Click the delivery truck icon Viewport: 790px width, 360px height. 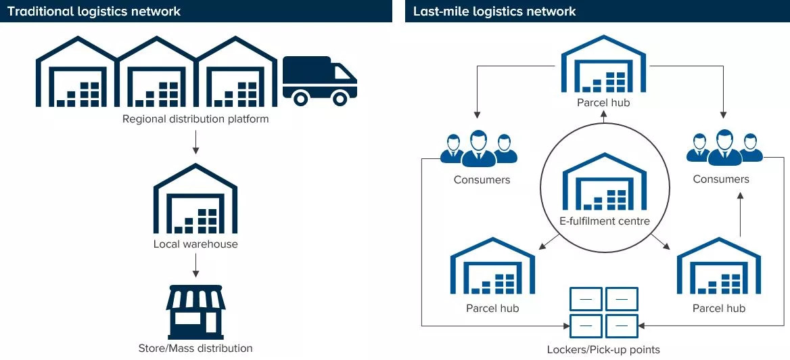319,81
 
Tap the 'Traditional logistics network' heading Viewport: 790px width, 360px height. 94,11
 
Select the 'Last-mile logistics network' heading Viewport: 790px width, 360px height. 494,11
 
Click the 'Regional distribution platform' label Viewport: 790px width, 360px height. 195,119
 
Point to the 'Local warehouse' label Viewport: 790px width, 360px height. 195,244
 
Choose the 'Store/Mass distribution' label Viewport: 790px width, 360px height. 195,348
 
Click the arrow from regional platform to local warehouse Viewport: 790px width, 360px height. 195,141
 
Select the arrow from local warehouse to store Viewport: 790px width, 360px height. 195,265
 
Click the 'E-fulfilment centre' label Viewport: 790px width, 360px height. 605,221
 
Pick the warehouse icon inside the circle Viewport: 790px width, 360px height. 605,183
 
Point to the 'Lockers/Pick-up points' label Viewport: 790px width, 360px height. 604,350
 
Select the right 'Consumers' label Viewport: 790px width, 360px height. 721,179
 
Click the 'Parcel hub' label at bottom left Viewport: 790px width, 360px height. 492,308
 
